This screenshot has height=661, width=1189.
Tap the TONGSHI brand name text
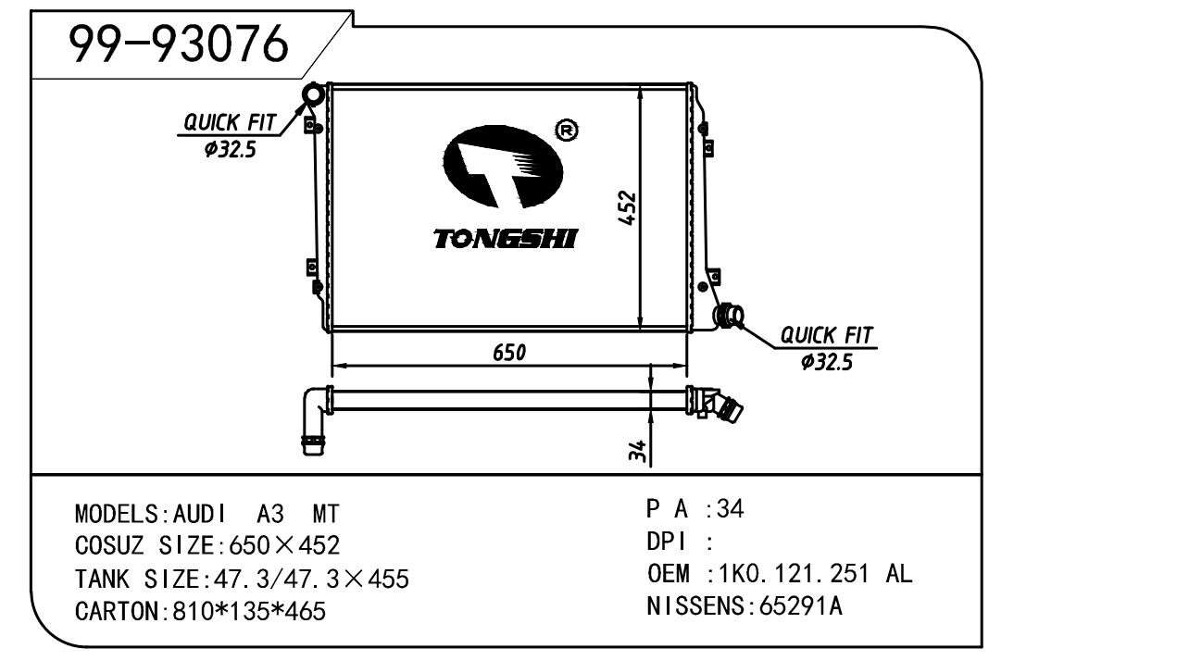tap(505, 239)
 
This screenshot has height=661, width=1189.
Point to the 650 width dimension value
tap(509, 352)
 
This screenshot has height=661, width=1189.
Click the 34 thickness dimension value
tap(637, 451)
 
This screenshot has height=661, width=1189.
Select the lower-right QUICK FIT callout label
tap(826, 335)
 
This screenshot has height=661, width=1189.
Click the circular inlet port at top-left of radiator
tap(313, 94)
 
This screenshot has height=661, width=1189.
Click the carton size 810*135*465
tap(249, 612)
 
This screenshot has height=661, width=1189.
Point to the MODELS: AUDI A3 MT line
tap(207, 514)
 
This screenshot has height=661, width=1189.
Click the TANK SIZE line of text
tap(241, 580)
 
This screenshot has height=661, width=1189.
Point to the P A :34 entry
tap(695, 508)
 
